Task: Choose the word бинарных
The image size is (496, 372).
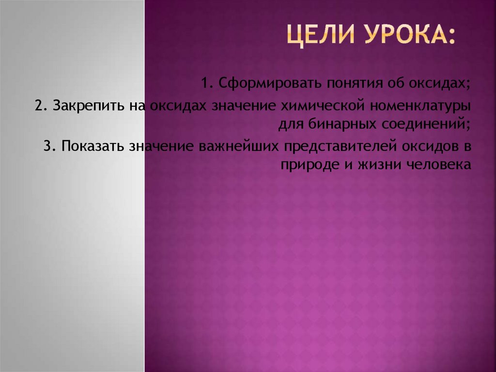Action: pos(343,124)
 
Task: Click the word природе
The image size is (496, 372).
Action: pos(304,164)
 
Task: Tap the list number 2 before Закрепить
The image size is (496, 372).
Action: pos(39,105)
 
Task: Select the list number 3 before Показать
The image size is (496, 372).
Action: pos(47,146)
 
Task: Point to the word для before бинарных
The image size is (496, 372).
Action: pos(290,124)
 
